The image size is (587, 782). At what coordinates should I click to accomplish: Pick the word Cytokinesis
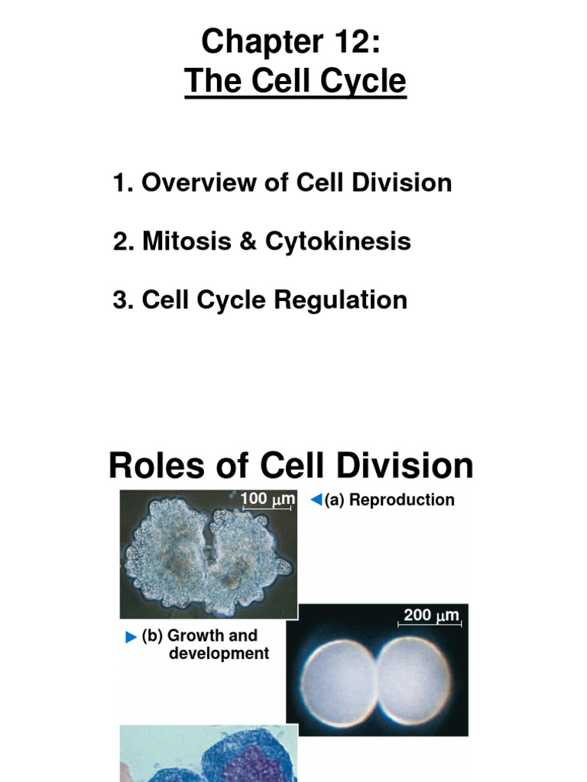338,241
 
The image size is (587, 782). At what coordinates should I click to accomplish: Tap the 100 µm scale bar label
267,499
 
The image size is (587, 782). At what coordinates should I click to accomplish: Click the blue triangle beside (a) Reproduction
315,500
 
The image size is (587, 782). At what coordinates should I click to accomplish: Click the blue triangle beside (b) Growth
131,637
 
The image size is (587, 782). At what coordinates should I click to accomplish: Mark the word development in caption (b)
219,654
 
